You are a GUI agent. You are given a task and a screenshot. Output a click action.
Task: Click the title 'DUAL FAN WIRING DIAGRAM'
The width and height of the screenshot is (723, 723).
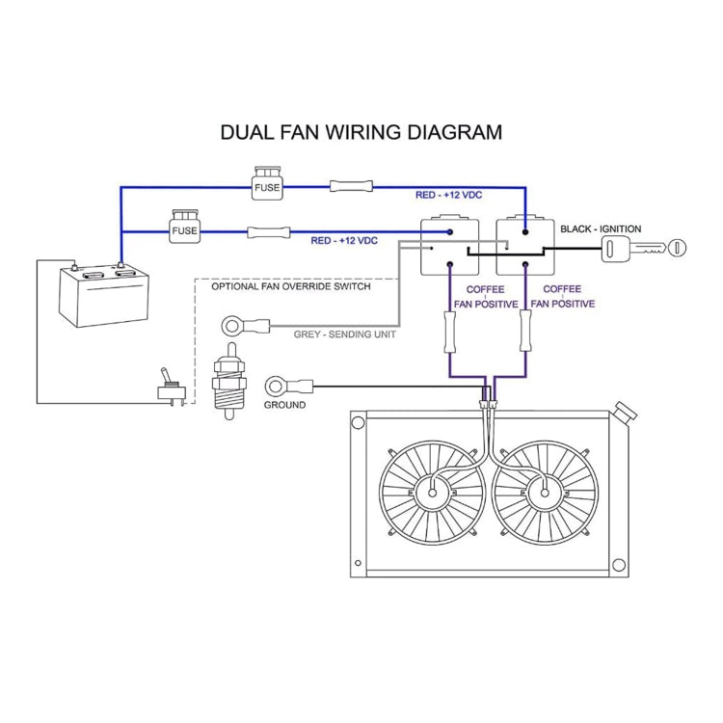tap(361, 132)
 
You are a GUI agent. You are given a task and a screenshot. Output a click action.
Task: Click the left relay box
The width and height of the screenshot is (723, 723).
tap(449, 245)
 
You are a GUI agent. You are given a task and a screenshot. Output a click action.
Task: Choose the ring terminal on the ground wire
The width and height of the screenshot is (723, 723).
tap(277, 387)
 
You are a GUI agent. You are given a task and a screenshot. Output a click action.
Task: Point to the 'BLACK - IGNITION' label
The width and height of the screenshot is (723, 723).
tap(601, 229)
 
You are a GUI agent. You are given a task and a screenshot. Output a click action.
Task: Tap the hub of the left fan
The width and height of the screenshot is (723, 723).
tap(433, 494)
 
